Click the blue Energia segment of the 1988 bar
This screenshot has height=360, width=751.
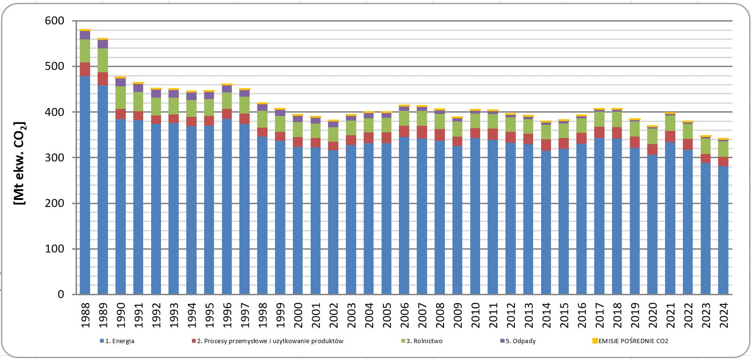(85, 185)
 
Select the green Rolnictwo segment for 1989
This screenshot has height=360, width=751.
(103, 61)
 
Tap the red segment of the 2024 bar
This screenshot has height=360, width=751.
(723, 161)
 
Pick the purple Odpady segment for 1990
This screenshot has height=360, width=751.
(121, 83)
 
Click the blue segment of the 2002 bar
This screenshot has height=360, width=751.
(333, 222)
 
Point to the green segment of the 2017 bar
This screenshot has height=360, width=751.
(599, 119)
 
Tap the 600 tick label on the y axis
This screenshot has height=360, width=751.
(54, 21)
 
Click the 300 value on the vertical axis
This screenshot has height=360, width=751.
(54, 158)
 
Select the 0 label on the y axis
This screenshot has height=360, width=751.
(61, 294)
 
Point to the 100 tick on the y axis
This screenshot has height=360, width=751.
(54, 249)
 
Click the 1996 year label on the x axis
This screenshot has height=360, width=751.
(227, 315)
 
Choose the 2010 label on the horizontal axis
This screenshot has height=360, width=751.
(475, 315)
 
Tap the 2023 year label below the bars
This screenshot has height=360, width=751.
(706, 315)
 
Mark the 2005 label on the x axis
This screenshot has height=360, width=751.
(387, 315)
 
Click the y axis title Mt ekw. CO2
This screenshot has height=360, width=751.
(19, 163)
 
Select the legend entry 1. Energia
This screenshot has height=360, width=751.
(117, 341)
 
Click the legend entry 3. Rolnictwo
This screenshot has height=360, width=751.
(422, 341)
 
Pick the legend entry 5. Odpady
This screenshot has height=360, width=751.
(518, 341)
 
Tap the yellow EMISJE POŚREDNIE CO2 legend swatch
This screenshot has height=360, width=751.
(595, 341)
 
